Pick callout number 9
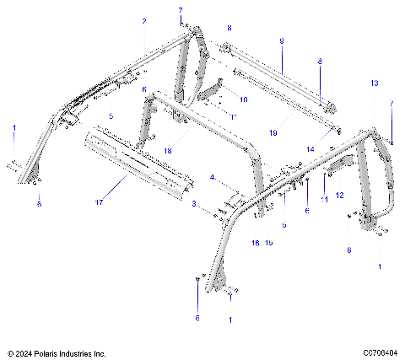coord(281,40)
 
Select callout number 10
coord(244,99)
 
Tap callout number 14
coord(310,148)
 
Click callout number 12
coord(339,195)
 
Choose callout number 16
coord(256,242)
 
